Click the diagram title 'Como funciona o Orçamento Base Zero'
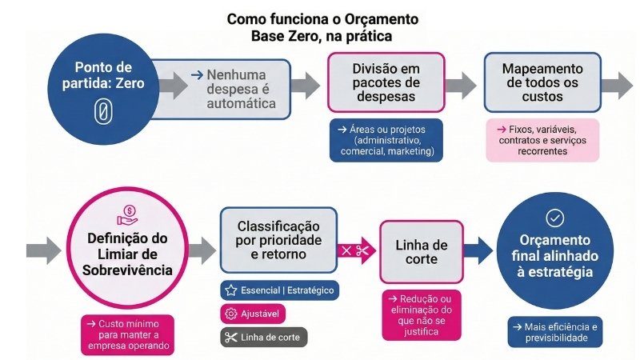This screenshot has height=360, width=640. pos(322,26)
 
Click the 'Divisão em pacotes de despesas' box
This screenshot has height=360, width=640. pos(386,83)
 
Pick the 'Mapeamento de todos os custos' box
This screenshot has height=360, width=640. pos(544,83)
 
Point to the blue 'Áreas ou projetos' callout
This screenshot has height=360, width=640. pos(386,140)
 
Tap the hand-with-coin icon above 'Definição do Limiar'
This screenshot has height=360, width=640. pos(126,214)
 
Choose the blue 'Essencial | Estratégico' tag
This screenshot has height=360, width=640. pos(278,290)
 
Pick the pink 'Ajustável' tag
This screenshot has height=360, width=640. pos(252,314)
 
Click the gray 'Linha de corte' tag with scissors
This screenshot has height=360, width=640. pos(263,337)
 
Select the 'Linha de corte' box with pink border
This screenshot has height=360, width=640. pos(420,250)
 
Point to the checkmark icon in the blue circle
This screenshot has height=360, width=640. pos(554,217)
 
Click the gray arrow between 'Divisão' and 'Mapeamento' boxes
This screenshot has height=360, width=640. pos(461,84)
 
